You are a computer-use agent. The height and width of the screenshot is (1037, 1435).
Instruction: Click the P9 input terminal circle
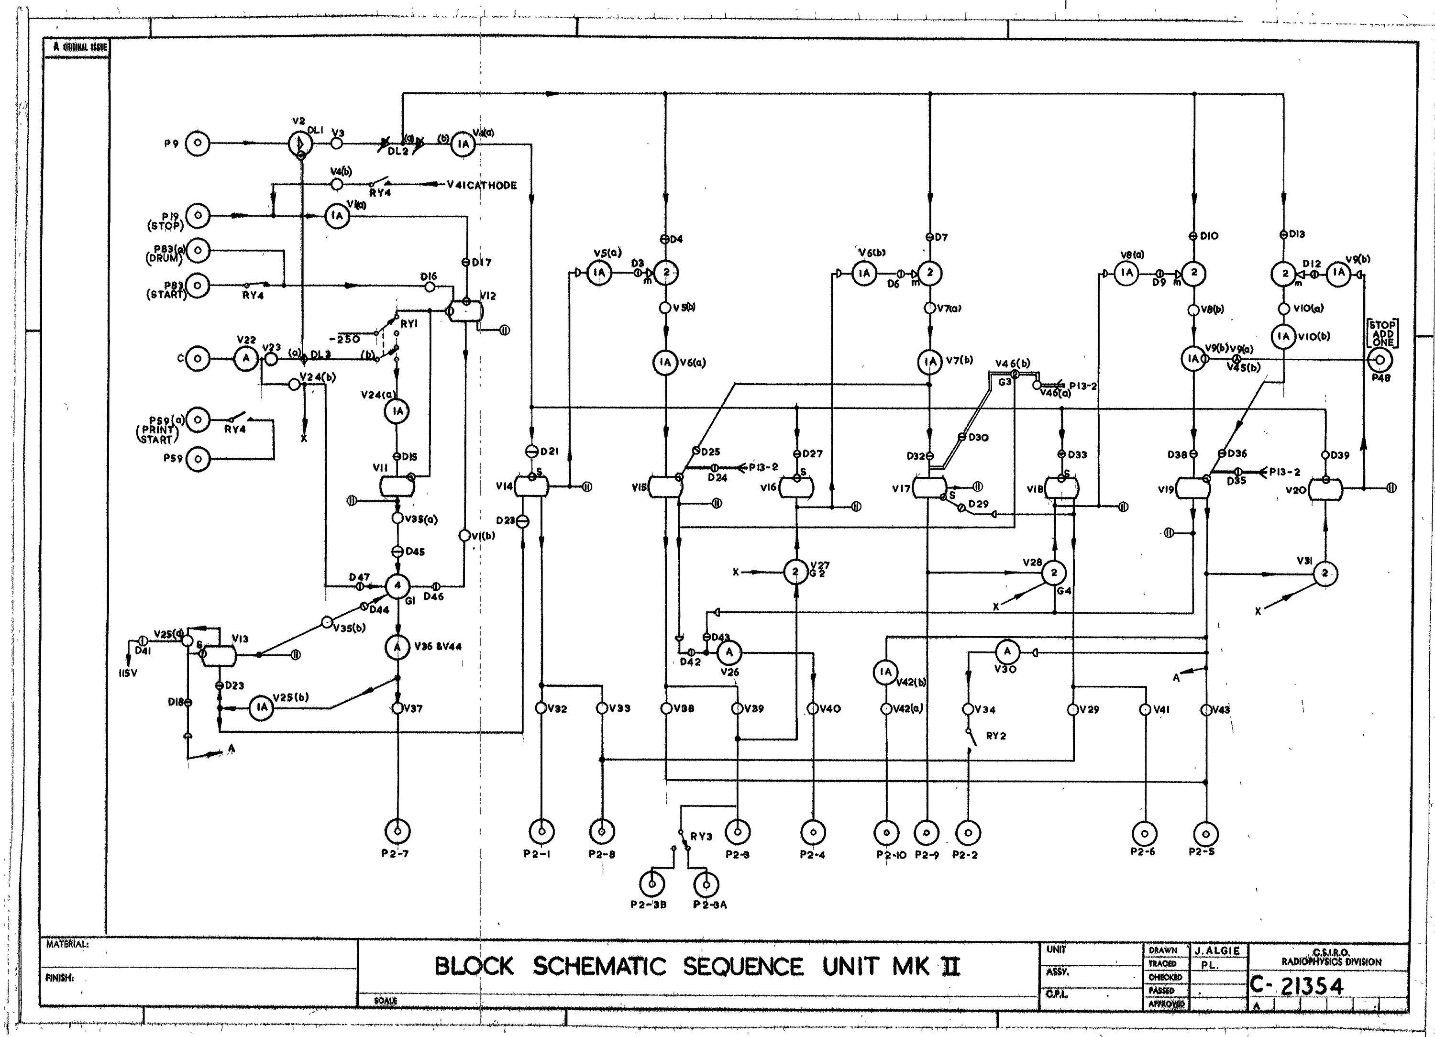click(x=198, y=143)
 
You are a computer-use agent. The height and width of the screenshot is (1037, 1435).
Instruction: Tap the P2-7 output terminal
click(x=397, y=831)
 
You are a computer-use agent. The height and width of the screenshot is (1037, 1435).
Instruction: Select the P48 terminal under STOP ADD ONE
click(x=1380, y=360)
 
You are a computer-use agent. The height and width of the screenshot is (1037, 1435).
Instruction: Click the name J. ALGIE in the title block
click(x=1217, y=951)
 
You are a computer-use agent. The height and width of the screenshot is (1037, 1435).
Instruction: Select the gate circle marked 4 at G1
click(x=397, y=586)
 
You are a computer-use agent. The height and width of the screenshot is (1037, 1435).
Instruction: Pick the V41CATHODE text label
click(x=482, y=186)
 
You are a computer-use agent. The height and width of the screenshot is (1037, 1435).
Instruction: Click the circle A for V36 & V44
click(x=397, y=647)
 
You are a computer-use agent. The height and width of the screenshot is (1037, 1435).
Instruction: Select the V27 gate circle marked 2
click(x=795, y=572)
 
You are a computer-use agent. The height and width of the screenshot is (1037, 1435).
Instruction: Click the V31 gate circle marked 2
click(x=1325, y=574)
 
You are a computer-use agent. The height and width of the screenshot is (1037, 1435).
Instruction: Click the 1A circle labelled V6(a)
click(x=665, y=363)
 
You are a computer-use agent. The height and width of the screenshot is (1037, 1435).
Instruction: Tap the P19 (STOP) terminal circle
click(x=198, y=216)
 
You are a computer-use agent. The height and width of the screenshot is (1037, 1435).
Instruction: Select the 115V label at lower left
click(x=127, y=673)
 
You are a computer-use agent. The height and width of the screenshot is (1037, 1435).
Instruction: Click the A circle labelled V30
click(x=1006, y=651)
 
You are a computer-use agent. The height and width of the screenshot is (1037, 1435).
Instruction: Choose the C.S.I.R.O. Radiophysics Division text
click(x=1331, y=957)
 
